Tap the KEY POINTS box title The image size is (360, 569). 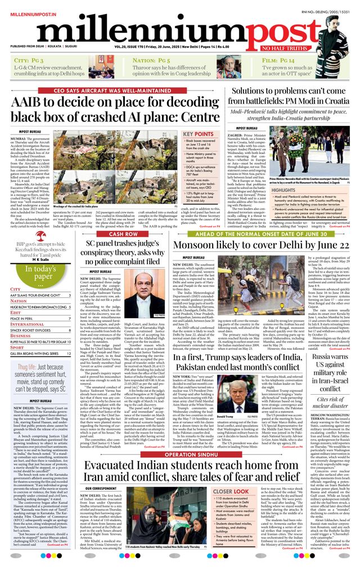point(198,134)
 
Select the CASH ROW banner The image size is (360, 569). point(123,233)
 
